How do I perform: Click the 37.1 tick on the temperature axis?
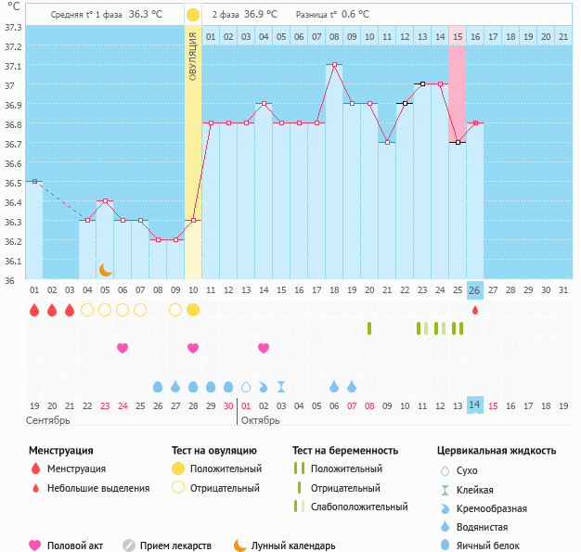pyautogui.click(x=14, y=66)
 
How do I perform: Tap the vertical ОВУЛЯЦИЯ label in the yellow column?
pyautogui.click(x=192, y=55)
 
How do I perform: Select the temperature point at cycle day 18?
pyautogui.click(x=334, y=65)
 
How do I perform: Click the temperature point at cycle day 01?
pyautogui.click(x=34, y=181)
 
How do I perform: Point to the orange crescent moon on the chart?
pyautogui.click(x=106, y=269)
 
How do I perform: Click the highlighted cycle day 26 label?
pyautogui.click(x=475, y=289)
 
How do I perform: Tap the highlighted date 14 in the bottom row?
pyautogui.click(x=475, y=405)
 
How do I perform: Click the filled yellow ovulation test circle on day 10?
pyautogui.click(x=192, y=309)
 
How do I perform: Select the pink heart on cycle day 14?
pyautogui.click(x=264, y=348)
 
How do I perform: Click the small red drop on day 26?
pyautogui.click(x=475, y=310)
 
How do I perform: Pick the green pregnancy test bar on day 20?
pyautogui.click(x=369, y=328)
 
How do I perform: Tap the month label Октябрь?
pyautogui.click(x=261, y=420)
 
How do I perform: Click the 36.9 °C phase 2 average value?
pyautogui.click(x=261, y=15)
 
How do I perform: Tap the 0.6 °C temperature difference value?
pyautogui.click(x=355, y=15)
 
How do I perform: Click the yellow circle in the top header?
pyautogui.click(x=192, y=15)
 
